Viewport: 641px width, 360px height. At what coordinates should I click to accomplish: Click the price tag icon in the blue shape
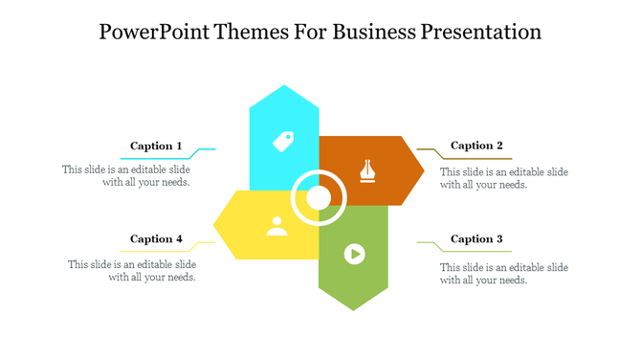click(x=283, y=142)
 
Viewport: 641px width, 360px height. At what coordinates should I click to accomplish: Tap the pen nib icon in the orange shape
click(x=366, y=170)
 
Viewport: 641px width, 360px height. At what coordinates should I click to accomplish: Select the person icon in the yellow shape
click(x=276, y=226)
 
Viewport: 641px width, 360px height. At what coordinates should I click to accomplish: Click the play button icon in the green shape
click(x=354, y=254)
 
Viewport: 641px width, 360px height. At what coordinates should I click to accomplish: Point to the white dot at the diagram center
click(x=319, y=198)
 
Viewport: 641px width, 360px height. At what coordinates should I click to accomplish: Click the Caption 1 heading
click(x=156, y=146)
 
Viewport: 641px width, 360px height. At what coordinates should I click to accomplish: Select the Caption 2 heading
click(x=476, y=146)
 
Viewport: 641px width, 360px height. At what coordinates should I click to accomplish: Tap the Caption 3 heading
click(x=476, y=239)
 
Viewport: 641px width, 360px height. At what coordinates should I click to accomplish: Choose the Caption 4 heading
click(x=156, y=239)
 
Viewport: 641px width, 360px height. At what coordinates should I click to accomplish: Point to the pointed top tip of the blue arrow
click(x=283, y=86)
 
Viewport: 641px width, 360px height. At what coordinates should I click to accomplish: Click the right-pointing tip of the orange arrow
click(x=424, y=170)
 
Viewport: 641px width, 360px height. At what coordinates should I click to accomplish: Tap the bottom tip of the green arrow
click(x=354, y=309)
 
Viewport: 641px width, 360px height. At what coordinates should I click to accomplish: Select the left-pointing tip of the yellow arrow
click(x=213, y=226)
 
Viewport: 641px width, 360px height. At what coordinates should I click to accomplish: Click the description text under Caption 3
click(x=503, y=273)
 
